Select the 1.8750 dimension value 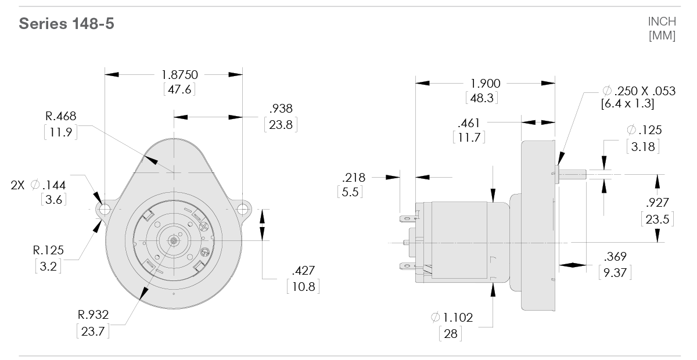(179, 75)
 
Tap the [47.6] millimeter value (179, 89)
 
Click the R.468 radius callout (61, 116)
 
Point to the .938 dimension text (281, 109)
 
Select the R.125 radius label (48, 251)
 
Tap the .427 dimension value (303, 271)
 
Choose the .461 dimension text (468, 123)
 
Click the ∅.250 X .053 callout (639, 91)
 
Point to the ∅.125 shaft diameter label (644, 131)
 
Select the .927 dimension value (657, 203)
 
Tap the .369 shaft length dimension (615, 257)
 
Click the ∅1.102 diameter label (452, 318)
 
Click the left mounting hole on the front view (105, 208)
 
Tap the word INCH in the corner (662, 21)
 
